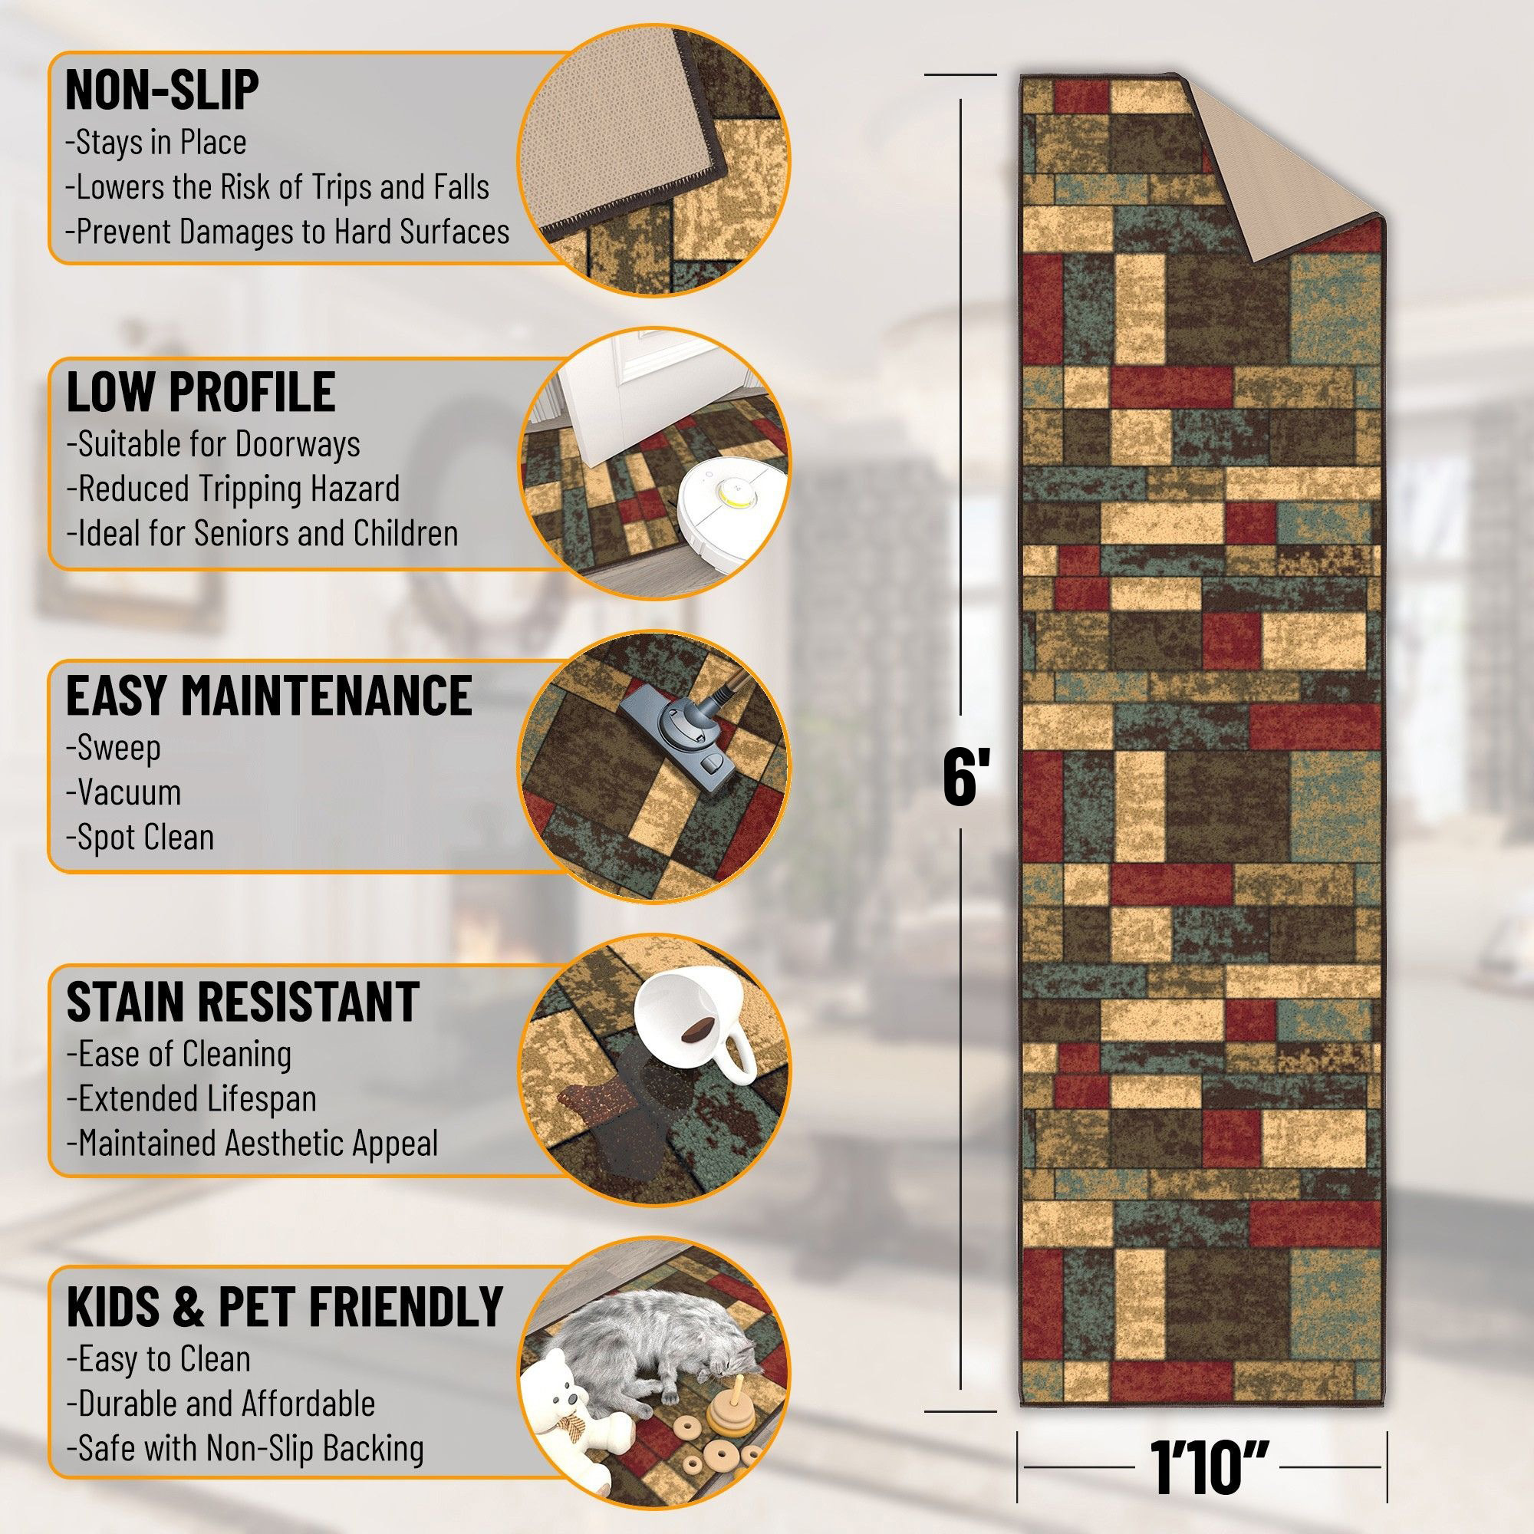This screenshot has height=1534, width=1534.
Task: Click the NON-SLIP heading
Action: click(162, 89)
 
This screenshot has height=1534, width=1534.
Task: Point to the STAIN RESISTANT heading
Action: click(242, 1001)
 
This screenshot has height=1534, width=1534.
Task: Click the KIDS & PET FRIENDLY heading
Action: click(285, 1306)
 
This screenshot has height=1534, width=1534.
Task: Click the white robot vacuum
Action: click(732, 509)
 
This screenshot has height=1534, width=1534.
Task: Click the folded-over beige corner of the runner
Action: click(1286, 183)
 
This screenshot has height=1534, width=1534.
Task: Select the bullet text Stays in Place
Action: click(156, 143)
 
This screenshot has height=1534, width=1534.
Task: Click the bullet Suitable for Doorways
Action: click(212, 444)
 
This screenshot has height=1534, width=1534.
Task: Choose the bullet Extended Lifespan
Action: click(191, 1099)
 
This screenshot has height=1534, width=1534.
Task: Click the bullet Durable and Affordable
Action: click(220, 1404)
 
